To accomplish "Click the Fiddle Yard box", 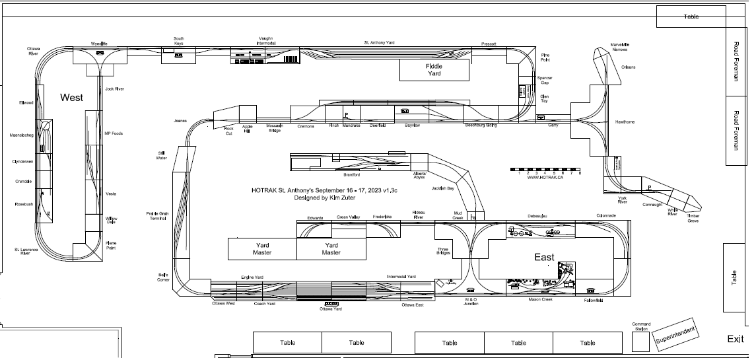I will (x=434, y=69).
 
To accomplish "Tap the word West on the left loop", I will (x=71, y=97).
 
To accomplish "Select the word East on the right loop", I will (x=544, y=257).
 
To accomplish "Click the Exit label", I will (x=736, y=339).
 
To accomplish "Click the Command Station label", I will (x=641, y=326).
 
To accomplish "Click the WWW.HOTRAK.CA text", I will (x=545, y=178).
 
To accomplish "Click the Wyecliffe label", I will (x=99, y=44).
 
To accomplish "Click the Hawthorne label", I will (x=625, y=122).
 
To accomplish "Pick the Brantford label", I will (x=351, y=174).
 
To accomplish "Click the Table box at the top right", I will (x=691, y=17).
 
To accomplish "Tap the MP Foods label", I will (x=114, y=133).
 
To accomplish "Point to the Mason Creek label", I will (x=539, y=299).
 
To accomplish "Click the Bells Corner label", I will (x=163, y=277).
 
